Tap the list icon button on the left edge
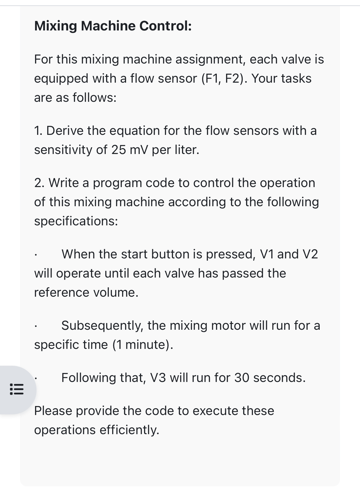17,389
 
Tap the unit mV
139,150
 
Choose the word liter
187,150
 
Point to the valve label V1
267,254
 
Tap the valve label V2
310,254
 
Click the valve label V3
158,378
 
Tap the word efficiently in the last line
130,430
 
